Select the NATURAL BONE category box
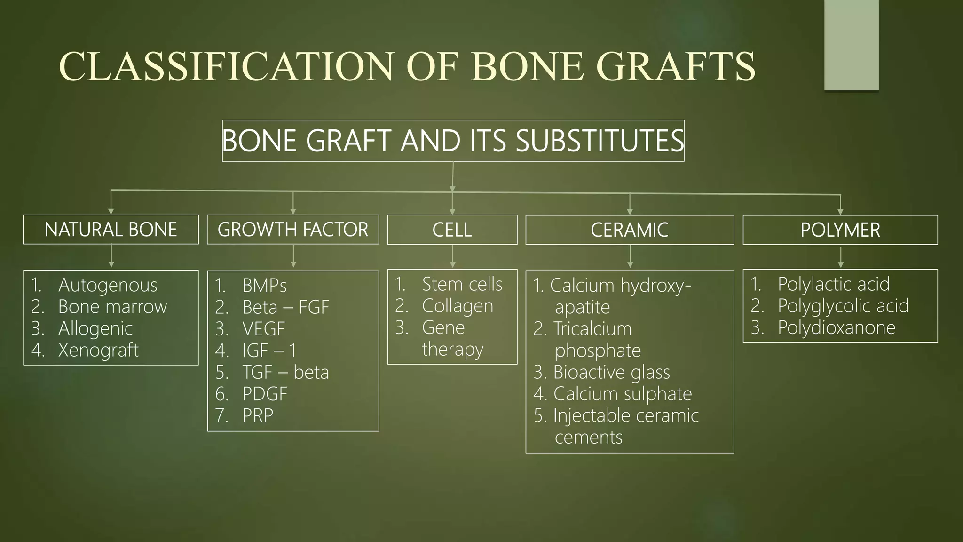point(111,230)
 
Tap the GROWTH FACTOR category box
point(292,230)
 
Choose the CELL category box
point(452,230)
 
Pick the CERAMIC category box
point(629,230)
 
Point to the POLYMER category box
point(840,230)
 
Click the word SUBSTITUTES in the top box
point(600,141)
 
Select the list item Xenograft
point(98,350)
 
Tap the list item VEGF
point(264,329)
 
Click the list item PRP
point(258,415)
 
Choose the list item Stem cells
point(462,284)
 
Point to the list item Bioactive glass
point(611,372)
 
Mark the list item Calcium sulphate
point(623,394)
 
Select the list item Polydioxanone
point(837,327)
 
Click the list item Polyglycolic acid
point(843,306)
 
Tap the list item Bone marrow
point(112,307)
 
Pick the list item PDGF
point(264,394)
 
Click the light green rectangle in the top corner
point(851,45)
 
